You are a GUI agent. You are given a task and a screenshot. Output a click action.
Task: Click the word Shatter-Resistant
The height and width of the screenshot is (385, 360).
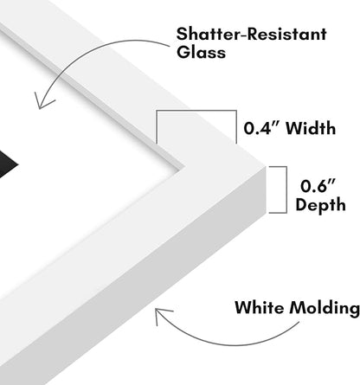pos(251,34)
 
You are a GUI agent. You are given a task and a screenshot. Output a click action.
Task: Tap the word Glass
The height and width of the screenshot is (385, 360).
pos(201,52)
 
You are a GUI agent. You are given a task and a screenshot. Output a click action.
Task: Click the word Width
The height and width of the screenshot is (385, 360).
pos(311,128)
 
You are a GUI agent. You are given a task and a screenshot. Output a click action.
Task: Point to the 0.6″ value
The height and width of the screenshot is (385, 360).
pos(318,186)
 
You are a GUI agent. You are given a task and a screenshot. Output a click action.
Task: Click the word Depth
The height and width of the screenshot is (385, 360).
pos(320,205)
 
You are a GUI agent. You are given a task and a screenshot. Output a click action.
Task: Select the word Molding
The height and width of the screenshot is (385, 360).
pos(325,309)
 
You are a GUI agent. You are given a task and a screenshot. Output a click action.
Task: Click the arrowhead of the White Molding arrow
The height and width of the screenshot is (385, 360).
pos(161,314)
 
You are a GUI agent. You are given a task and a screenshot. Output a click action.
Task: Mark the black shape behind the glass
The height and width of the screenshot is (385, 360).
pos(8,166)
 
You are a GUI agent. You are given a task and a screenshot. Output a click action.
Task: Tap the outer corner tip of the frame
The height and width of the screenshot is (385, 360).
pos(265,166)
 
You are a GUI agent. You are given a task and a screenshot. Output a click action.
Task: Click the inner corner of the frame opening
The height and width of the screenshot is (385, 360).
pos(184,167)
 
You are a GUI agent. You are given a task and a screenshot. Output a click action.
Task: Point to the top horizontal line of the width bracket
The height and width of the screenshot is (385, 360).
pos(196,111)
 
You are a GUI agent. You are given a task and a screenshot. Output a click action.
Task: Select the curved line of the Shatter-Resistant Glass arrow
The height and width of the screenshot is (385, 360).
pos(87,51)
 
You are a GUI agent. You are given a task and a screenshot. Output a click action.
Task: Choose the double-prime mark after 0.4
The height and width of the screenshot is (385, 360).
pos(275,125)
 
